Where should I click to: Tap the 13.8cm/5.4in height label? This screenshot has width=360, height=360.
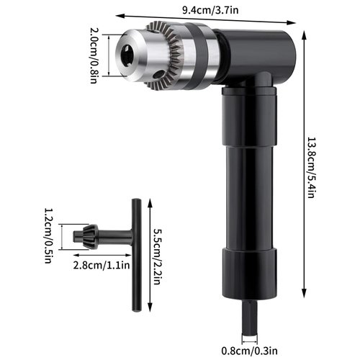(x=310, y=167)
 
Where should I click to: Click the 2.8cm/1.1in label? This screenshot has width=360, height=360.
(x=102, y=264)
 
